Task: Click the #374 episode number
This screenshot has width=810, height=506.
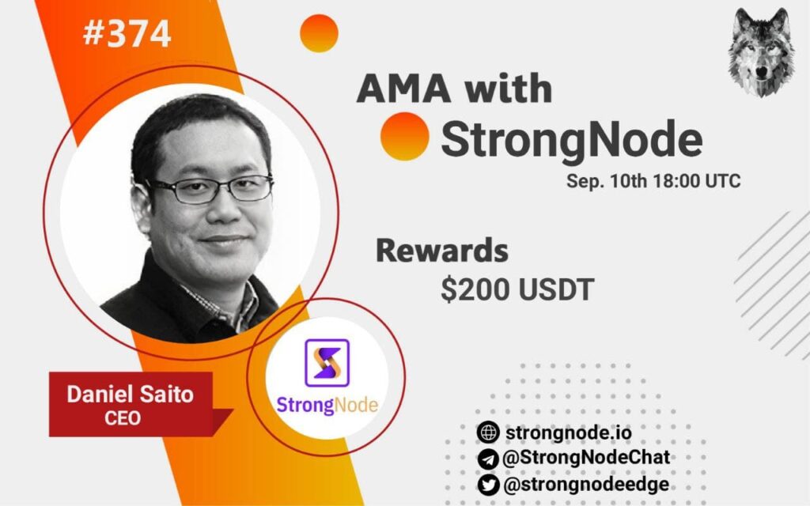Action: tap(127, 33)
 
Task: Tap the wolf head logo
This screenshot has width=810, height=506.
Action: tap(761, 52)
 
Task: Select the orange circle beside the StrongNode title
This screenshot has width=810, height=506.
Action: tap(404, 136)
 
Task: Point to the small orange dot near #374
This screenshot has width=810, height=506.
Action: tap(319, 33)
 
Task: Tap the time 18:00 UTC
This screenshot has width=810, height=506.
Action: tap(697, 181)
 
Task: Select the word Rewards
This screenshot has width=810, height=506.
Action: tap(441, 251)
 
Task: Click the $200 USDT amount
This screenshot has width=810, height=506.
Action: tap(517, 289)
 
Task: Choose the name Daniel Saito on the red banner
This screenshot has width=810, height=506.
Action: tap(131, 395)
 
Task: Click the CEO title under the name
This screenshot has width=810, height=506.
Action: tap(123, 417)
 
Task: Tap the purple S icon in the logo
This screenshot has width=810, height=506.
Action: tap(327, 363)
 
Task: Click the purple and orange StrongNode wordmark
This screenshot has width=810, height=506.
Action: tap(327, 406)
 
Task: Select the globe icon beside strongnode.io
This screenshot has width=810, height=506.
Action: tap(488, 432)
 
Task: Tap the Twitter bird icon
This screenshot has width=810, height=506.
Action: tap(488, 485)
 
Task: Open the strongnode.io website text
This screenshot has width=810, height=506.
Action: tap(569, 432)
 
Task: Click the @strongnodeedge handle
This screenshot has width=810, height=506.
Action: tap(586, 485)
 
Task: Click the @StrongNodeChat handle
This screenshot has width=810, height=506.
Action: tap(586, 458)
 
